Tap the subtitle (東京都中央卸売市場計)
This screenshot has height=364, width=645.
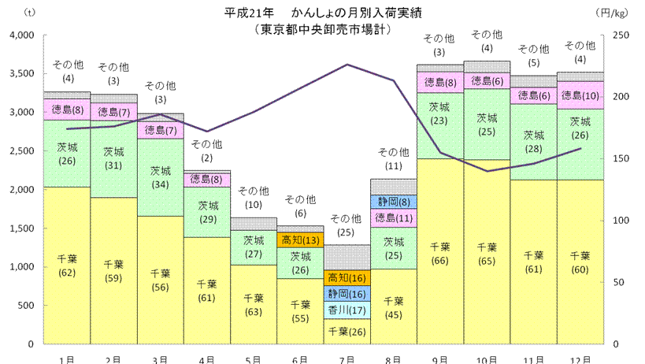(322, 29)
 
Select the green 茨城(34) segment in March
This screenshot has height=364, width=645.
(161, 176)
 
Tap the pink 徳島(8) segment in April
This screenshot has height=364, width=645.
(207, 180)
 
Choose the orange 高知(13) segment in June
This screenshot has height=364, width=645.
(299, 240)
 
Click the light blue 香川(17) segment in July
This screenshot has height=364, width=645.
(347, 310)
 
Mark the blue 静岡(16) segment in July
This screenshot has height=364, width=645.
(347, 294)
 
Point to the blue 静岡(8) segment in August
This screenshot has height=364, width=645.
(393, 202)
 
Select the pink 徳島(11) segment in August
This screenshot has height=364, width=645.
(393, 218)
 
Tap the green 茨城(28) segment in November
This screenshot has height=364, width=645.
(532, 142)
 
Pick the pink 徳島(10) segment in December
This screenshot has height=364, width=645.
(579, 95)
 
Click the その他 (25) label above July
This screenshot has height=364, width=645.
(347, 225)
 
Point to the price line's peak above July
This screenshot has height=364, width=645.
(347, 65)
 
